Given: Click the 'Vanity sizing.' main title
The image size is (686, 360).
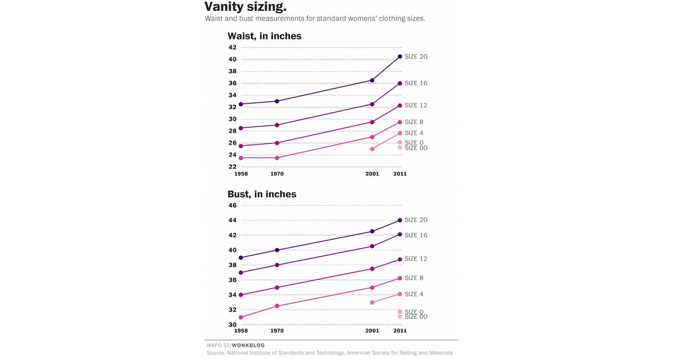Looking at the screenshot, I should [x=246, y=7].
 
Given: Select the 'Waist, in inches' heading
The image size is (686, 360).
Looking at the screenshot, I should [x=264, y=36].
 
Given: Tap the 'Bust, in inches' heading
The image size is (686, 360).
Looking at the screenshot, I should [x=262, y=194].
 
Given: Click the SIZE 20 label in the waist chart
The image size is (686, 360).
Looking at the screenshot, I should [x=416, y=57].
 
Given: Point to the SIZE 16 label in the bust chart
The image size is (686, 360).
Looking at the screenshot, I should [x=416, y=235].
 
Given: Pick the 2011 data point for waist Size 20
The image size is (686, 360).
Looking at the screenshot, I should [x=400, y=57].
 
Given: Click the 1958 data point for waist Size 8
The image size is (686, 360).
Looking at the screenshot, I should [x=241, y=158].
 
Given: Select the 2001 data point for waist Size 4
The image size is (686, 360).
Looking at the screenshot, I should [x=372, y=149].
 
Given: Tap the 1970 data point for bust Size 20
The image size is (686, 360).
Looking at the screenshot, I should [x=277, y=250].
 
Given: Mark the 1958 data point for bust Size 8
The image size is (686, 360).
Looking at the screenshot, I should [x=241, y=317].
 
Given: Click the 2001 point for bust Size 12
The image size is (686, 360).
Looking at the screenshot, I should [x=372, y=269].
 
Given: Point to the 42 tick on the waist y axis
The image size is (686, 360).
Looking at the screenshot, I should [x=233, y=47].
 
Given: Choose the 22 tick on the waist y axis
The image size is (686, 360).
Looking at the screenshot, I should [x=233, y=167].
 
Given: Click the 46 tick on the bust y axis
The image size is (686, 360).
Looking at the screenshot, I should [x=233, y=206].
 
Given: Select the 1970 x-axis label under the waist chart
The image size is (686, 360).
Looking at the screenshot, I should [x=277, y=174].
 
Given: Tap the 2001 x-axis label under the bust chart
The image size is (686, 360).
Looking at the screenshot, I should [x=372, y=331].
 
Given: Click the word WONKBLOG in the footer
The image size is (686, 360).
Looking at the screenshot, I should [x=248, y=345].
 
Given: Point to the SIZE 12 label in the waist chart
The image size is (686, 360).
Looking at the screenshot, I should [x=416, y=105].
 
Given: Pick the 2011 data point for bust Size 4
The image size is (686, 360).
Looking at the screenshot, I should [x=400, y=294].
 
